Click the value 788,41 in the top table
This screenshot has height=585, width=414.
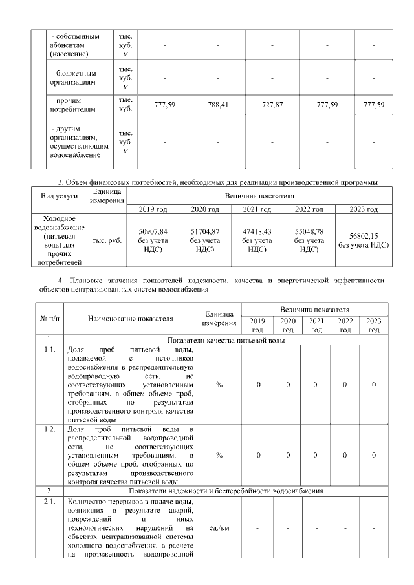pos(219,105)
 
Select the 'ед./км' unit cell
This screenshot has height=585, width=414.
pos(219,529)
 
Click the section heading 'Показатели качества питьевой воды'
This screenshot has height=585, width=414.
pos(226,340)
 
